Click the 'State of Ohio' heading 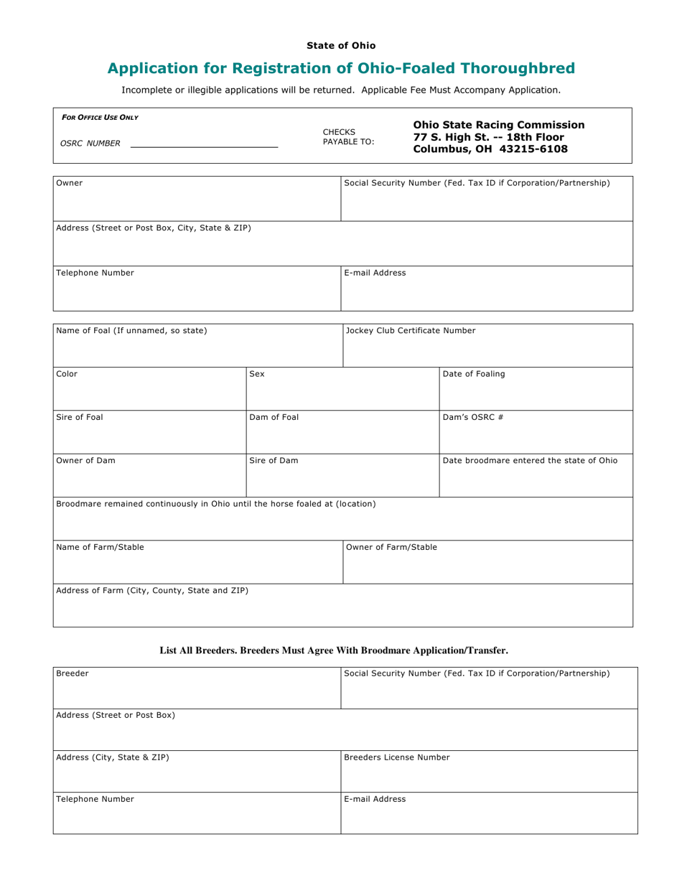pyautogui.click(x=341, y=45)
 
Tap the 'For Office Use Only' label pyautogui.click(x=100, y=117)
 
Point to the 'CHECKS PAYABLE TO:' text pyautogui.click(x=348, y=137)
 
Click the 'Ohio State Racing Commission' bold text pyautogui.click(x=499, y=125)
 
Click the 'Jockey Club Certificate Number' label pyautogui.click(x=411, y=331)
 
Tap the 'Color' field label pyautogui.click(x=67, y=374)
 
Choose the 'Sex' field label pyautogui.click(x=257, y=374)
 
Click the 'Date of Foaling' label pyautogui.click(x=474, y=374)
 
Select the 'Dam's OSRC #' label pyautogui.click(x=473, y=417)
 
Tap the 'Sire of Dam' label pyautogui.click(x=274, y=461)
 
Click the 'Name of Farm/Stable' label pyautogui.click(x=100, y=547)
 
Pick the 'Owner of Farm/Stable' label pyautogui.click(x=391, y=547)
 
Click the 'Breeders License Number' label pyautogui.click(x=397, y=757)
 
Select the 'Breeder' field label pyautogui.click(x=73, y=673)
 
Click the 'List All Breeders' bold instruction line pyautogui.click(x=334, y=650)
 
